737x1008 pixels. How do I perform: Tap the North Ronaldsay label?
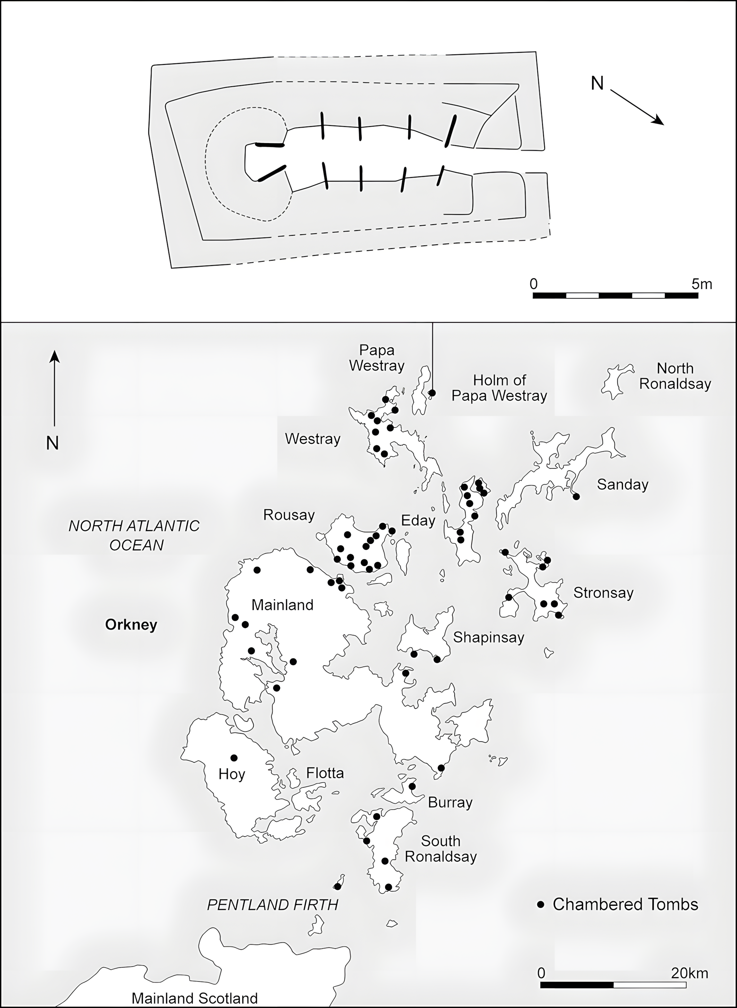pos(675,376)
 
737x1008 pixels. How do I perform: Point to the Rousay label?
pos(289,515)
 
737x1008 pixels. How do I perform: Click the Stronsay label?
pos(603,593)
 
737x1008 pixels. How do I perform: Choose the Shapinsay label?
pos(488,637)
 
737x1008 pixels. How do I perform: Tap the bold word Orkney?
pos(131,625)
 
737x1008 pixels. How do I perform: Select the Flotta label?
pos(325,773)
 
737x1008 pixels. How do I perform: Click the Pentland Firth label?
pos(272,905)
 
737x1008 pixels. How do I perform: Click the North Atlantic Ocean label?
pos(134,535)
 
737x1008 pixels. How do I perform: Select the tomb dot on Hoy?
pos(234,758)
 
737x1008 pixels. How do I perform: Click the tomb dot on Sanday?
pos(576,496)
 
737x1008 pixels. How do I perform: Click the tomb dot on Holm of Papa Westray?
pos(432,393)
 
